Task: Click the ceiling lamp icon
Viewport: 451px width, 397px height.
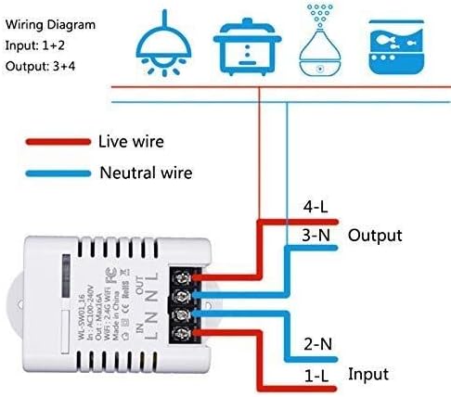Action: coord(159,43)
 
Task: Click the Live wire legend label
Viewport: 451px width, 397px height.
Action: coord(131,142)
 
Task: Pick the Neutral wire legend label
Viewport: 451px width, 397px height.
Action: coord(145,173)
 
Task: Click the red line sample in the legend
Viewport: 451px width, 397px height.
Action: coord(53,143)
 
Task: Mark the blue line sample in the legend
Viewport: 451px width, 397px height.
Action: coord(53,173)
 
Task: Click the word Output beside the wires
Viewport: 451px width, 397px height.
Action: coord(375,236)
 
